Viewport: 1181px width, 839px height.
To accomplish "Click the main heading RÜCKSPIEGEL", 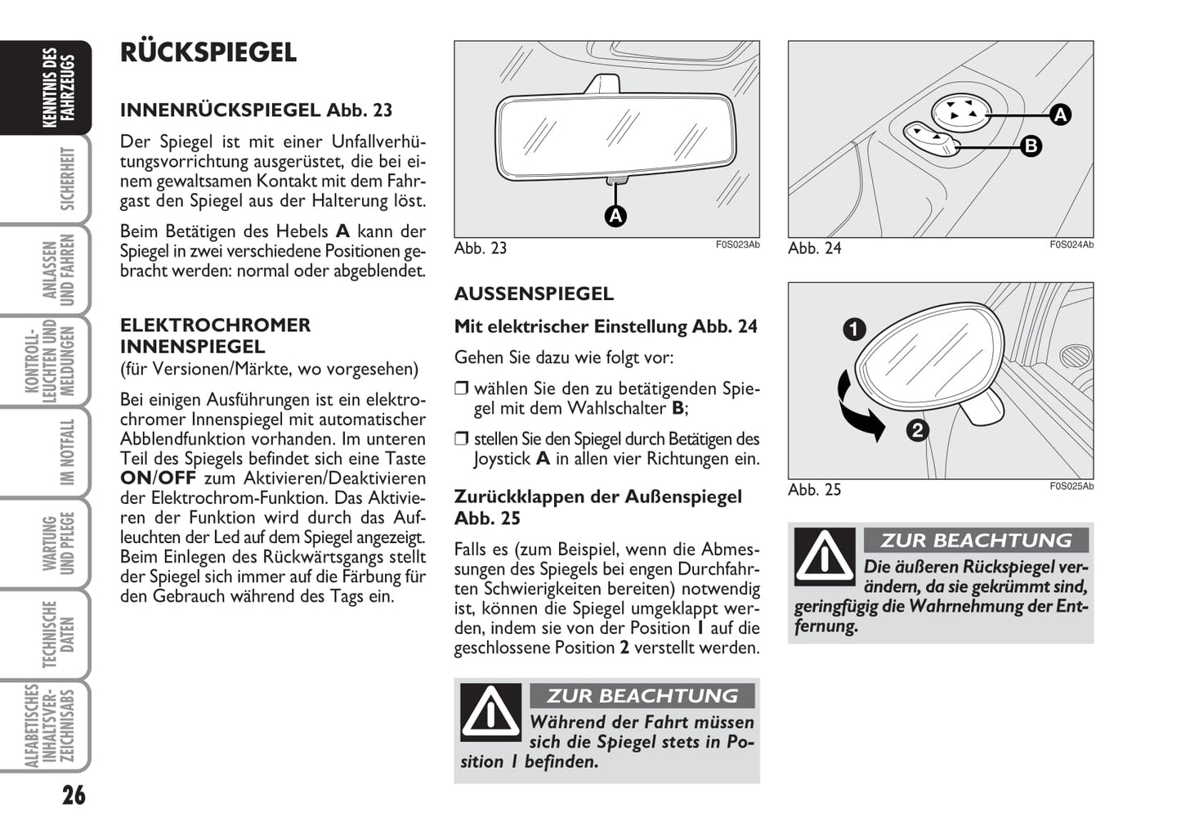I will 208,52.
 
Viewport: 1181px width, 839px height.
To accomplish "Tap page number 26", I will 74,795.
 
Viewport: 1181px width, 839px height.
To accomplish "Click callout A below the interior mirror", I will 615,216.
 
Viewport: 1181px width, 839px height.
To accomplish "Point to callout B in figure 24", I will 1031,146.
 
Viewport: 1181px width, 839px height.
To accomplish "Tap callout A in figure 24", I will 1060,114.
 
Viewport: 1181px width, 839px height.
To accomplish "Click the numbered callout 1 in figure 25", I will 854,330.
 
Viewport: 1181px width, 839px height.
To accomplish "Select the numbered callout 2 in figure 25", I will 917,430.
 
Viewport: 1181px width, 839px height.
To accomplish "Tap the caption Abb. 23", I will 481,249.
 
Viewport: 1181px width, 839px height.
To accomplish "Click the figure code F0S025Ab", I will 1071,487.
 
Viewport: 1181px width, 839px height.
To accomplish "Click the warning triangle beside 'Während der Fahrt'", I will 490,711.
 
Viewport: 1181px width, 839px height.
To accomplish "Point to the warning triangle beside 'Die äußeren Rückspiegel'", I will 825,556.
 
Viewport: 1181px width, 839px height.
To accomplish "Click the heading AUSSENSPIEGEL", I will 534,294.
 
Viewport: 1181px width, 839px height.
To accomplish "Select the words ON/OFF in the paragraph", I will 159,478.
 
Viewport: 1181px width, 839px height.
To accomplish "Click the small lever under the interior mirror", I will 616,181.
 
